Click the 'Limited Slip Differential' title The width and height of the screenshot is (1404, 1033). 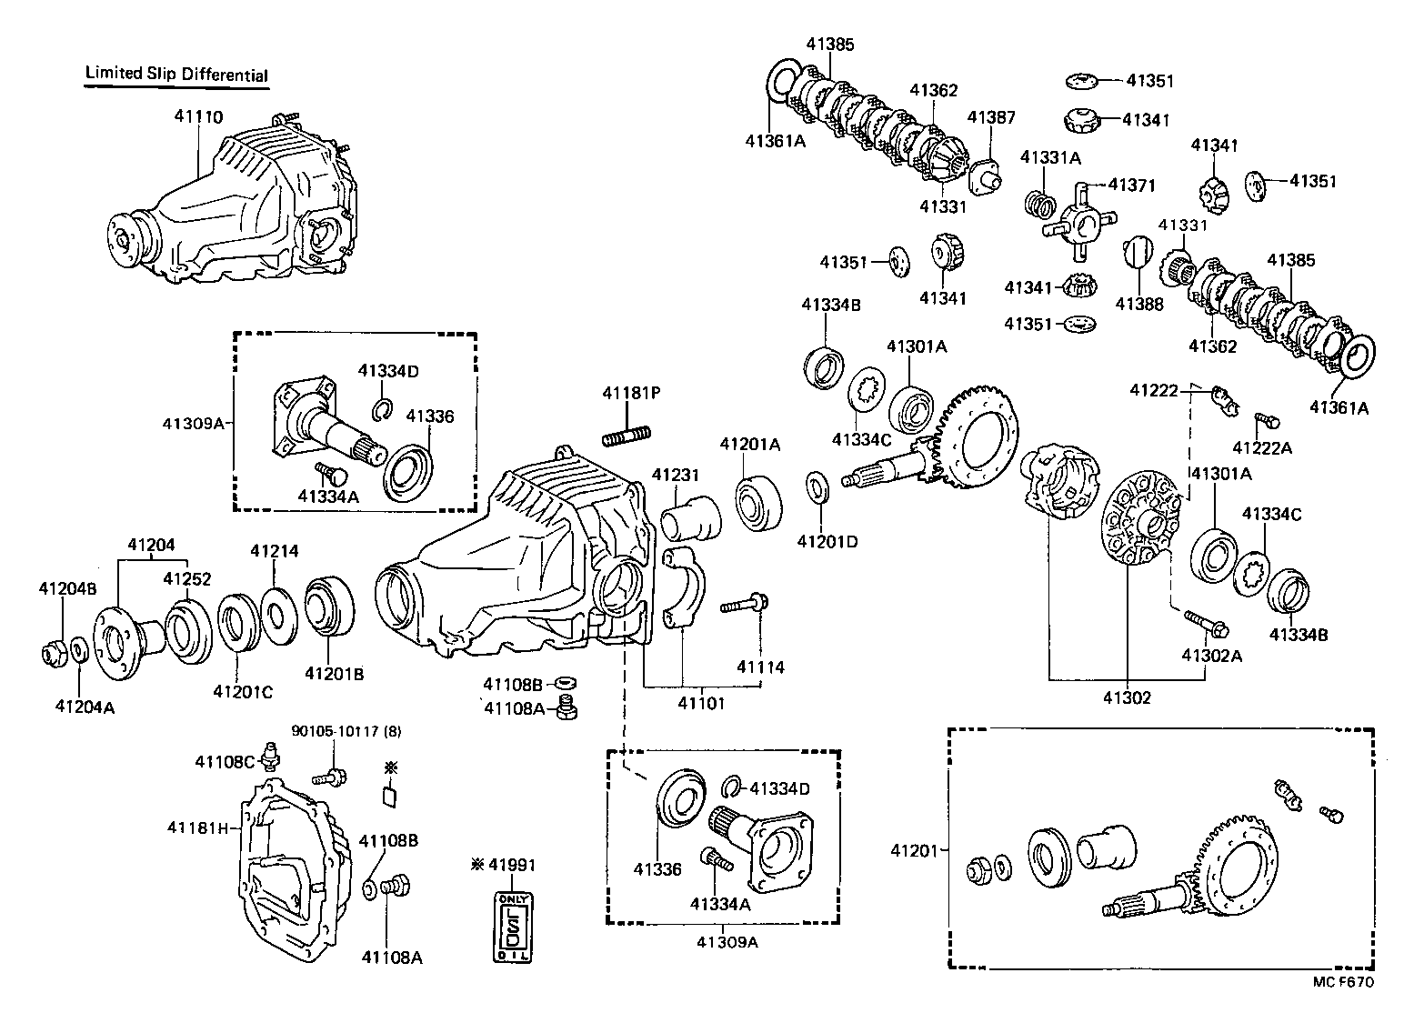click(x=176, y=74)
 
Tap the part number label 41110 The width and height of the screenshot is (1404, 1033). click(x=198, y=116)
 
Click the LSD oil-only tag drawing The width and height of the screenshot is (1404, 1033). click(x=514, y=927)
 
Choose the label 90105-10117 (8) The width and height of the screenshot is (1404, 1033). click(x=346, y=731)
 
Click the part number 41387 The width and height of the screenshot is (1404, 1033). click(x=990, y=117)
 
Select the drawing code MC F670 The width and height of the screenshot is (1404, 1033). click(x=1343, y=982)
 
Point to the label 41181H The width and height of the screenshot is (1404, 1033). click(x=196, y=827)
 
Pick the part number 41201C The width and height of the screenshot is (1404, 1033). click(x=243, y=692)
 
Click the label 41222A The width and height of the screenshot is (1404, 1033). click(x=1262, y=447)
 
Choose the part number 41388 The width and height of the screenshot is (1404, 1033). click(x=1139, y=305)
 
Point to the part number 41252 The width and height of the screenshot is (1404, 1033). click(x=187, y=578)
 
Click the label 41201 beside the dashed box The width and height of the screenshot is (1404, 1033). click(x=913, y=850)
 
